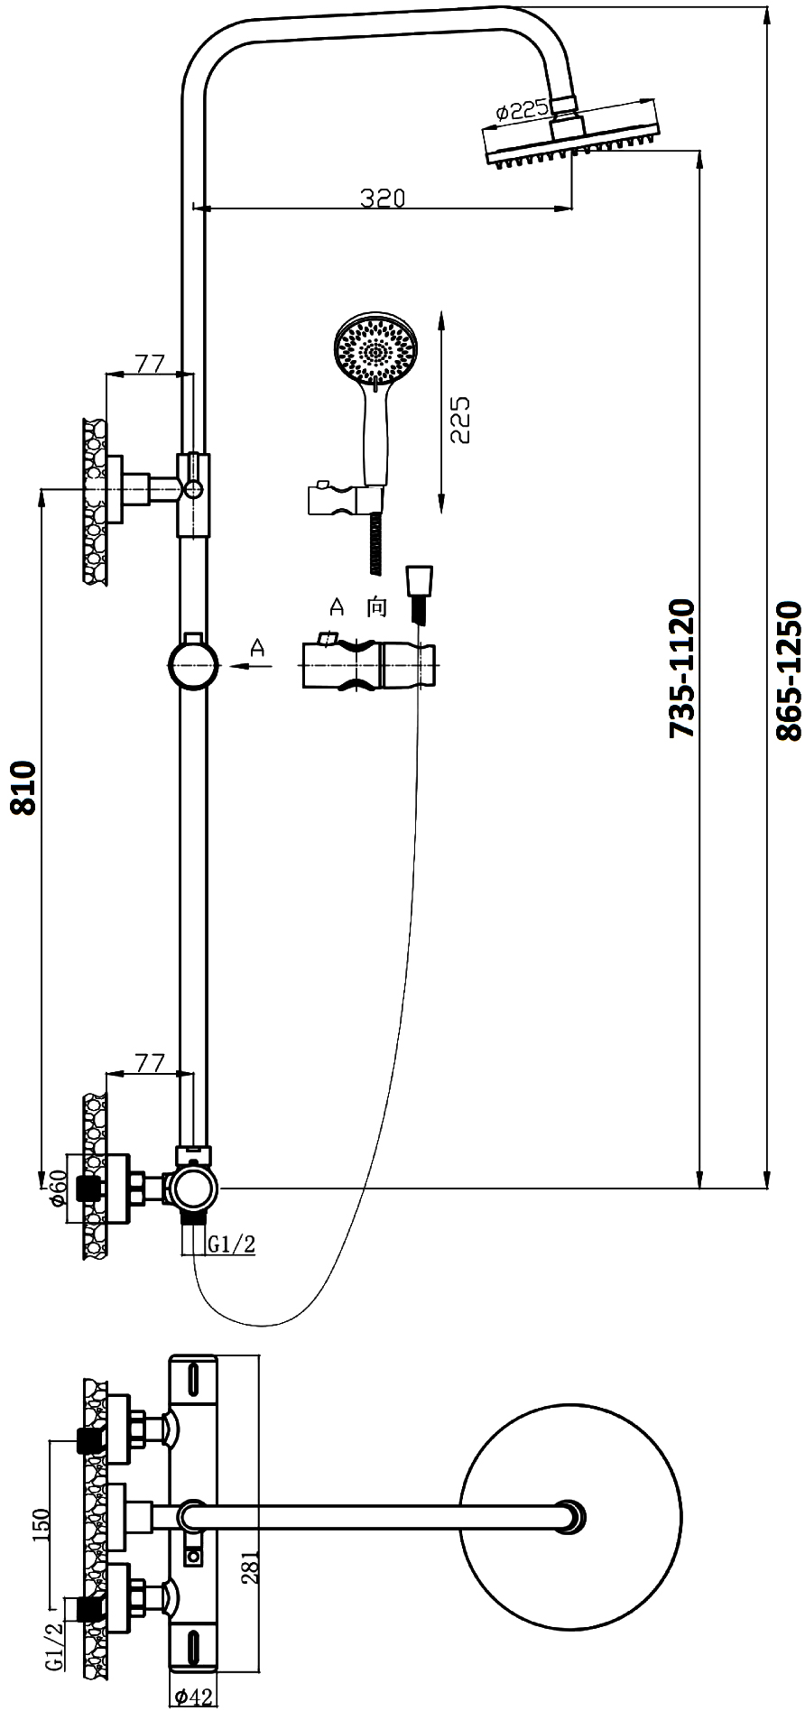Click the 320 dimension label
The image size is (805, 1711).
tap(383, 198)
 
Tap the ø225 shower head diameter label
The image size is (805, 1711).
tap(521, 111)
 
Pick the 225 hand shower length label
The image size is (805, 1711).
tap(460, 419)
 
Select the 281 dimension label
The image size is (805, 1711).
tap(252, 1567)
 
